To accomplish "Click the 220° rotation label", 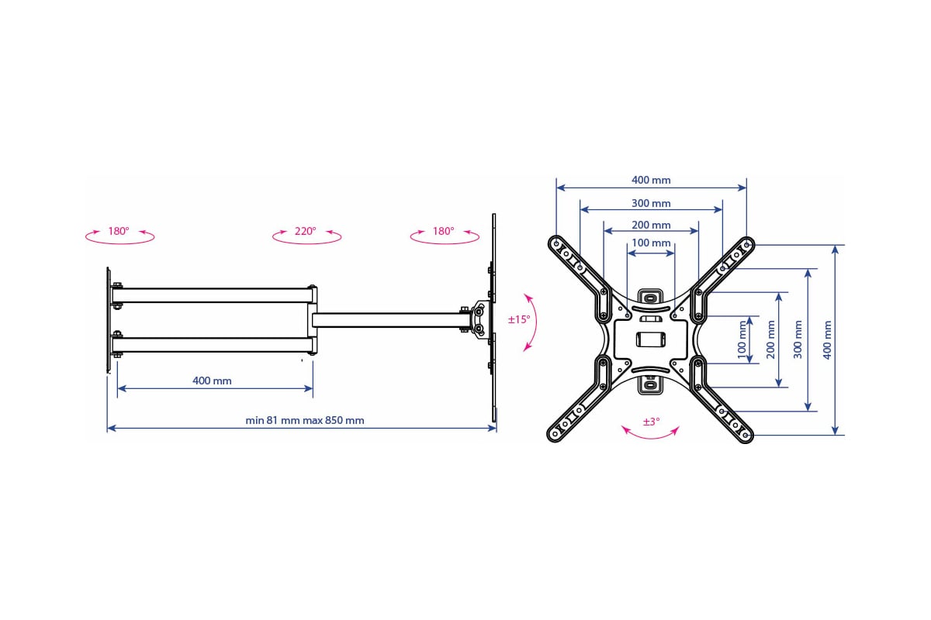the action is [305, 231].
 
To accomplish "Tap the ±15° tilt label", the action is [519, 319].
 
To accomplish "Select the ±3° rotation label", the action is [651, 422].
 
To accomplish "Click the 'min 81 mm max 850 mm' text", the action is [305, 420].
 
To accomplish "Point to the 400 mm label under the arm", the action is [212, 381].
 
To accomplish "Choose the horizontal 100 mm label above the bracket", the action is [651, 243].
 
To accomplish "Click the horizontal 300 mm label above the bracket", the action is [651, 203].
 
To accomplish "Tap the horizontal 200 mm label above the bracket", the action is [651, 225].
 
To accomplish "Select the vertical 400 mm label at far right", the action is [827, 339].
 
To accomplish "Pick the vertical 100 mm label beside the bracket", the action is [742, 339].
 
